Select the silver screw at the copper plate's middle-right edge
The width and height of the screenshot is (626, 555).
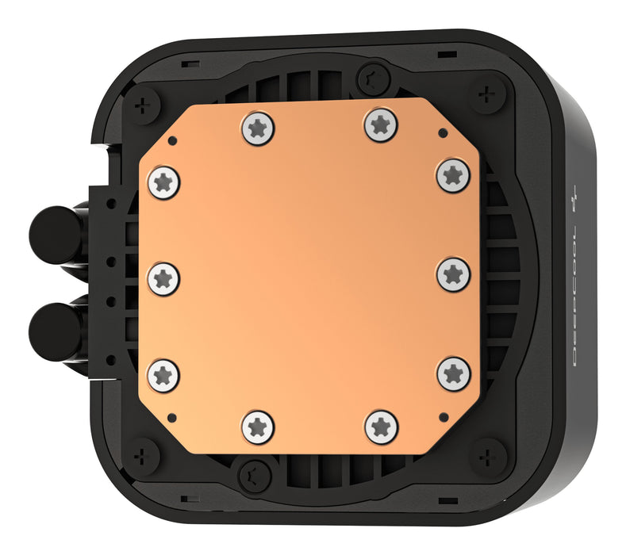tap(453, 273)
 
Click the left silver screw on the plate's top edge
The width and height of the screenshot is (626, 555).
tap(257, 127)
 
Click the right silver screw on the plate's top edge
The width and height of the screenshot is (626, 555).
tap(381, 124)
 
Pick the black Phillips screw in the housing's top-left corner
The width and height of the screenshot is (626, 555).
tap(144, 104)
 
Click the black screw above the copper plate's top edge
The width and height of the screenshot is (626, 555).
tap(371, 78)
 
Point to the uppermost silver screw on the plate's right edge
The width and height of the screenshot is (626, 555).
tap(453, 174)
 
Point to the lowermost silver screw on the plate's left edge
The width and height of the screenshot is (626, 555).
tap(164, 373)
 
